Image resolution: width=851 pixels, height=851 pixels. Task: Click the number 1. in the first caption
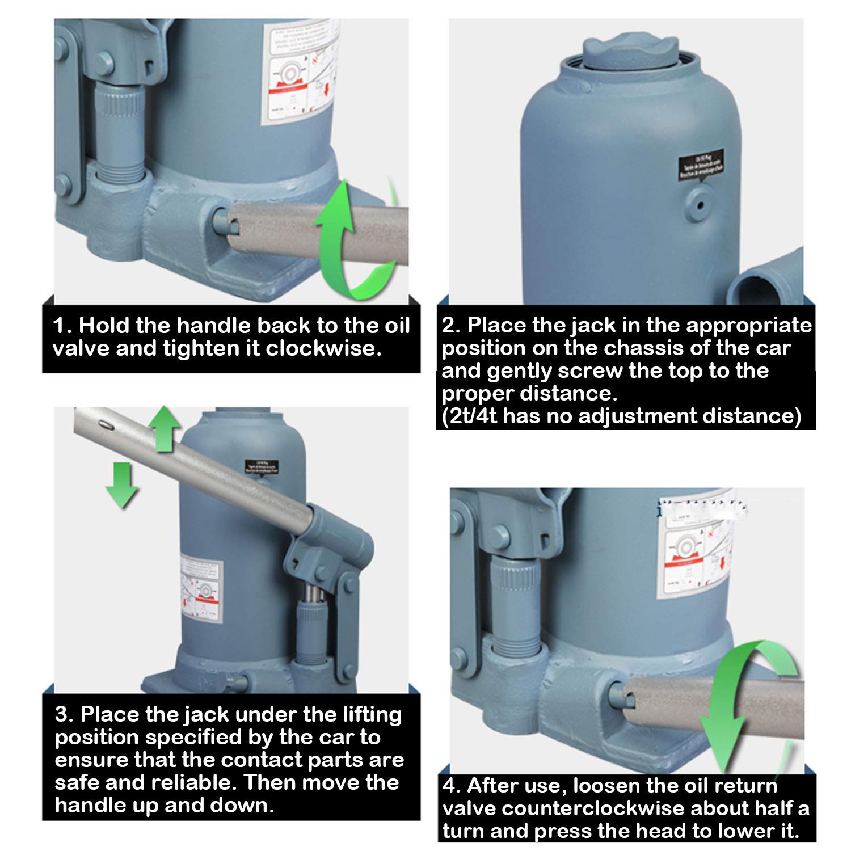[62, 326]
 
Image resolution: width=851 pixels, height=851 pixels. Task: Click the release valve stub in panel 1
[222, 220]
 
